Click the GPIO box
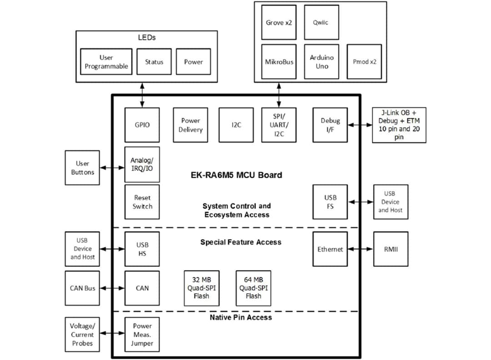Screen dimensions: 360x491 (x=142, y=125)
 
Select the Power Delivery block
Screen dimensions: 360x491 (x=190, y=125)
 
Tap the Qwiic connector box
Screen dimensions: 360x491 (x=321, y=22)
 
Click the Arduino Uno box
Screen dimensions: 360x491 (x=321, y=61)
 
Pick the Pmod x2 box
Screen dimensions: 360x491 (x=364, y=61)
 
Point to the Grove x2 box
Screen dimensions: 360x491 (x=279, y=22)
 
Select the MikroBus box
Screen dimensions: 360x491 (x=279, y=61)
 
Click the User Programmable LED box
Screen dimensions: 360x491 (x=106, y=61)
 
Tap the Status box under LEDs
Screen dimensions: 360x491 (x=154, y=61)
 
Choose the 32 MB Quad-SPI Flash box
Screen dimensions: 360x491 (x=201, y=288)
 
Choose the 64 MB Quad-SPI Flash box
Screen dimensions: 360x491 (x=253, y=288)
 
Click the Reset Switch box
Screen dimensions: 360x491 (x=142, y=202)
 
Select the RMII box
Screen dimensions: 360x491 (x=391, y=249)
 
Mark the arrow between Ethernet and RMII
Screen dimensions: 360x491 (x=361, y=249)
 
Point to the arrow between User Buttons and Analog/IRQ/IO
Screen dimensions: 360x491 (x=112, y=168)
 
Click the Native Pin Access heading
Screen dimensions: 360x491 (x=240, y=317)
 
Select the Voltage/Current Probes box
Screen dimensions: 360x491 (x=82, y=335)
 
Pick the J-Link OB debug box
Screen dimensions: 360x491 (x=399, y=125)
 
